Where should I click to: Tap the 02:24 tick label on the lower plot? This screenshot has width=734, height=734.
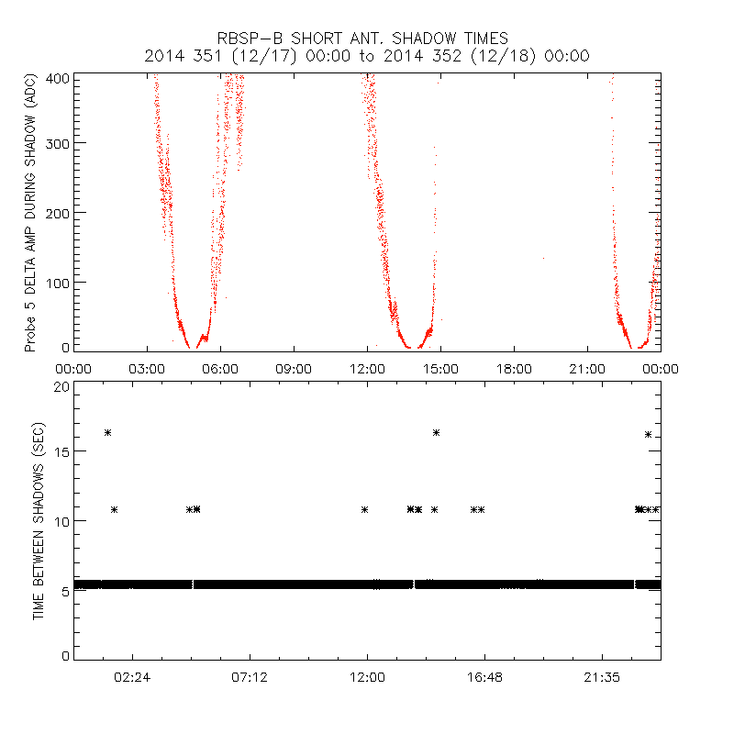tap(133, 677)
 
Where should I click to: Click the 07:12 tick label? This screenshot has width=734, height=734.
tap(250, 677)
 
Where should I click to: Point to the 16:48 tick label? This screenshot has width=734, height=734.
tap(484, 677)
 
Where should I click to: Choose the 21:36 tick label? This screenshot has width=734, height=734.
tap(601, 677)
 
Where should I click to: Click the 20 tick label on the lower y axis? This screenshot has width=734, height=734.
tap(61, 387)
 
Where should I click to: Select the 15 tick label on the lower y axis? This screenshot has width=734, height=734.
tap(61, 451)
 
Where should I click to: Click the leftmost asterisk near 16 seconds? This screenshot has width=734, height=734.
tap(107, 432)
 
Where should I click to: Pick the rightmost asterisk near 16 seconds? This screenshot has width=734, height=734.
tap(649, 434)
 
